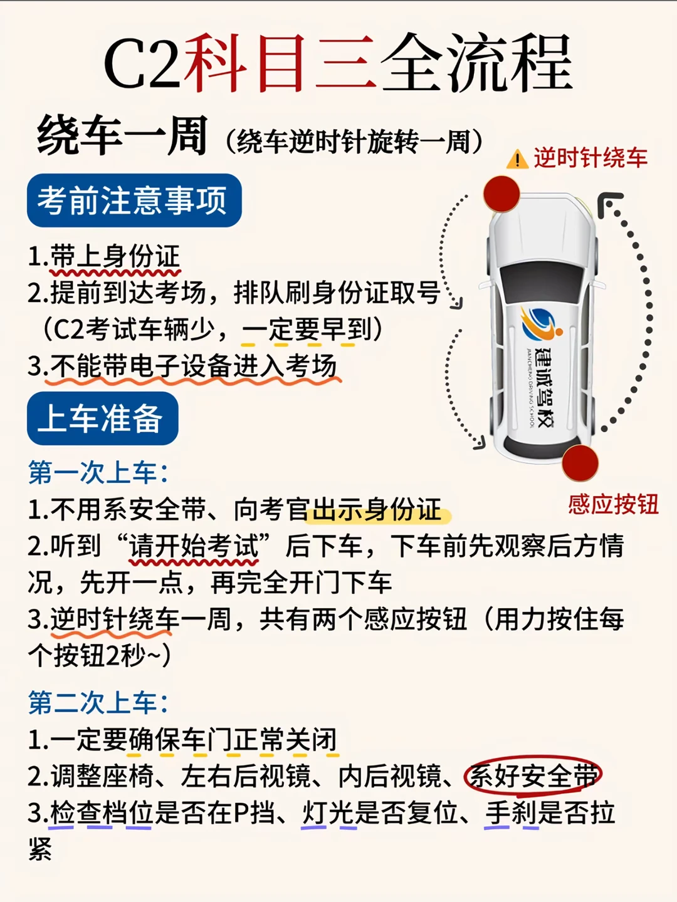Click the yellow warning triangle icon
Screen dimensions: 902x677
(x=517, y=160)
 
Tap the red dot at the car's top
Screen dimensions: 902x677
(x=501, y=194)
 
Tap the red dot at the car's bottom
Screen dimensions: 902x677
(x=580, y=463)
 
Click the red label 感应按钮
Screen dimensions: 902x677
(x=613, y=504)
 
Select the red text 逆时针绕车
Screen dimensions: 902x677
(x=590, y=158)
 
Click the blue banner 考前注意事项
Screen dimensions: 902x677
(x=134, y=200)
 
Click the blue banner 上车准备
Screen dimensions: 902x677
(x=102, y=418)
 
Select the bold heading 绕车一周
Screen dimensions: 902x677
(x=122, y=136)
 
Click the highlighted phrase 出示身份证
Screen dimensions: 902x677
(x=377, y=510)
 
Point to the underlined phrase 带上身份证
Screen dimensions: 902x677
(x=115, y=257)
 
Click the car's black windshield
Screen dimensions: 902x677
(x=543, y=276)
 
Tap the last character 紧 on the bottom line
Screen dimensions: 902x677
(x=39, y=849)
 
